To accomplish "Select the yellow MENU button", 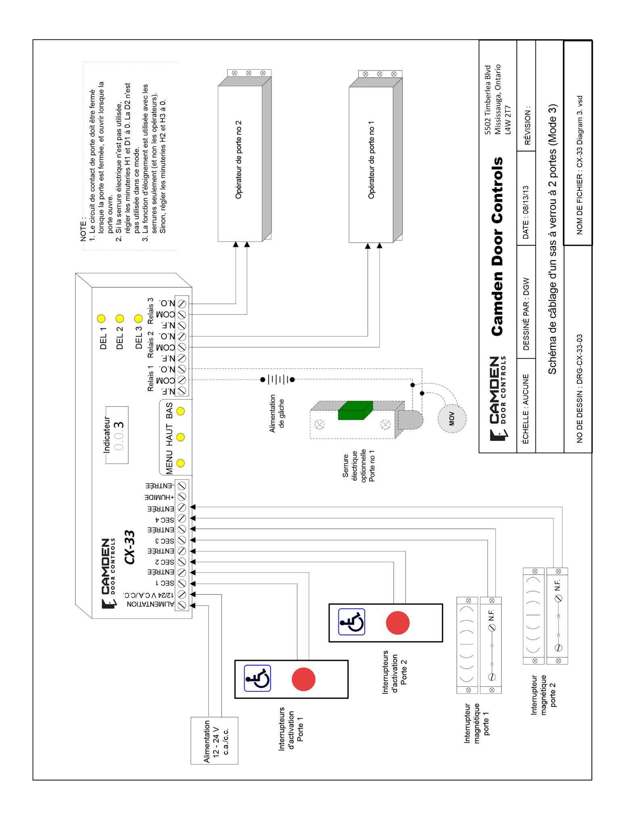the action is [181, 463].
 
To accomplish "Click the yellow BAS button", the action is [181, 411].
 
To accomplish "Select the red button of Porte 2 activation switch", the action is [397, 623].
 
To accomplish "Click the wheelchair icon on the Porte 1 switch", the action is [257, 678].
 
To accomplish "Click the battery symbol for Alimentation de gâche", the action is [278, 380].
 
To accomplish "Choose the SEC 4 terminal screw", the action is [181, 518].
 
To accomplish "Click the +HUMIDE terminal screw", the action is [181, 496].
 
